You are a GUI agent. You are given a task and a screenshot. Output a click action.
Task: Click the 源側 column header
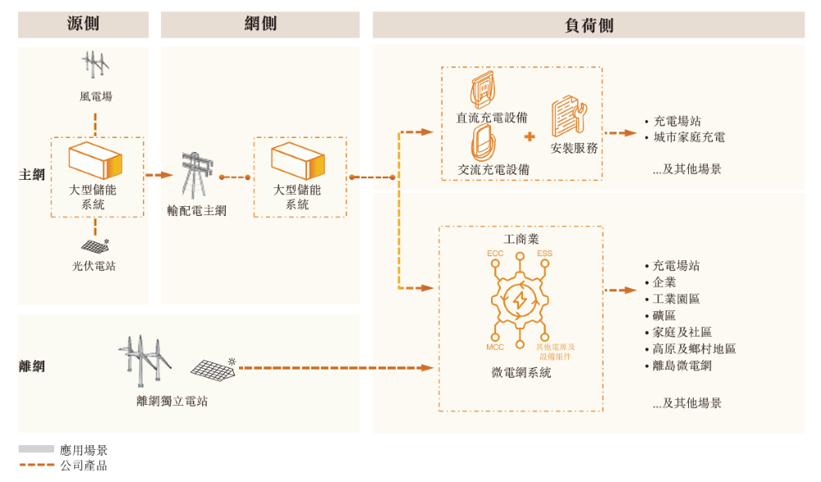[x=83, y=25]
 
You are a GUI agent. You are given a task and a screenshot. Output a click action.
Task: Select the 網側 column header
[x=260, y=25]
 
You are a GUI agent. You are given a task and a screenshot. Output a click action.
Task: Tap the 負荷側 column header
[x=588, y=25]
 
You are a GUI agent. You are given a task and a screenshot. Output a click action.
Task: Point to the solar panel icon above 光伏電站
[x=96, y=246]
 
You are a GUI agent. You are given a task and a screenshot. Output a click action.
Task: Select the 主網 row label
[x=31, y=175]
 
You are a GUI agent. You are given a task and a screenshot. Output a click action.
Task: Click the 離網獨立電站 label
[x=172, y=402]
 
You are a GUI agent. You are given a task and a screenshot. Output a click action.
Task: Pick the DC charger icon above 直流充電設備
[x=484, y=90]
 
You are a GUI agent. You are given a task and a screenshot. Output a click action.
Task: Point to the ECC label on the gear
[x=495, y=253]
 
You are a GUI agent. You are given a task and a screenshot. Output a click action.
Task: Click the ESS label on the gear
[x=544, y=253]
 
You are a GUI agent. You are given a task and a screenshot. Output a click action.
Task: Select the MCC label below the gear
[x=495, y=347]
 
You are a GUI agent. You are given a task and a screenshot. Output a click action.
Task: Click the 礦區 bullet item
[x=664, y=316]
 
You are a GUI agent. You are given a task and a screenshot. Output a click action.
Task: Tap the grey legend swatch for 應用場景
[x=36, y=449]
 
